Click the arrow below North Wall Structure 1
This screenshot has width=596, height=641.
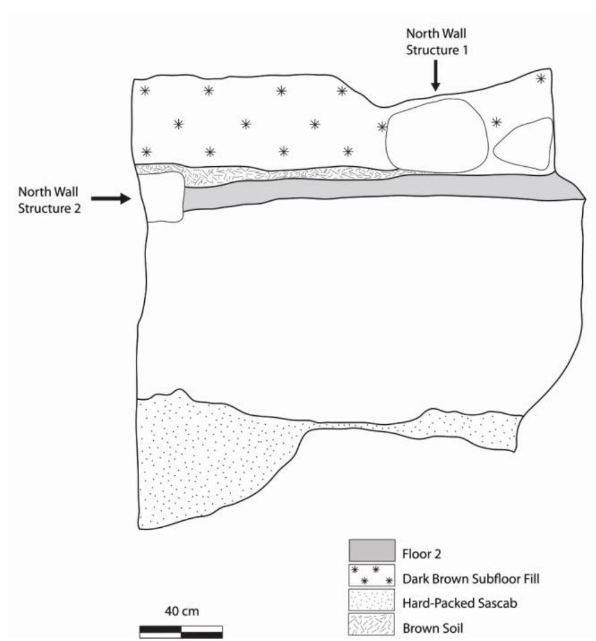point(436,78)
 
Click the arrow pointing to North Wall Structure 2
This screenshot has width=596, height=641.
point(110,198)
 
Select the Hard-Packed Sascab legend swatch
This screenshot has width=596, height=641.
point(371,601)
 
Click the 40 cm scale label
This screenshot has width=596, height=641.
point(181,612)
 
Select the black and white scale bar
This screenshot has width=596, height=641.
point(181,631)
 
